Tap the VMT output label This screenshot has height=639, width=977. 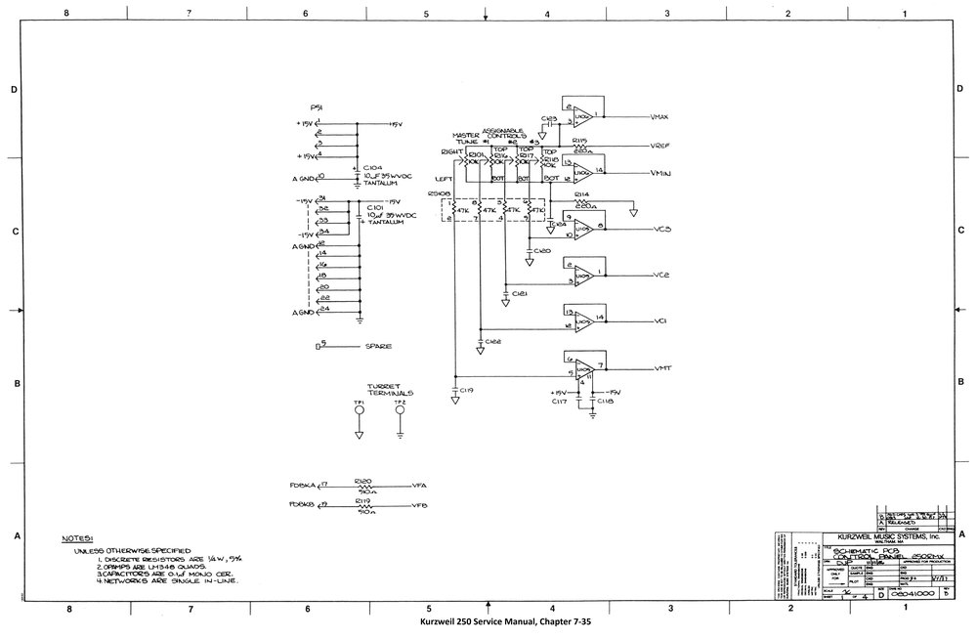pos(662,367)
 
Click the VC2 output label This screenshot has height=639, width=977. pos(661,276)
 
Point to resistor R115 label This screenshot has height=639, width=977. pos(579,141)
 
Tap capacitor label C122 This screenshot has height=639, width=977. pos(492,342)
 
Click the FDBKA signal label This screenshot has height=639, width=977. pos(301,485)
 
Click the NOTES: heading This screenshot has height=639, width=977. pos(77,537)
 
